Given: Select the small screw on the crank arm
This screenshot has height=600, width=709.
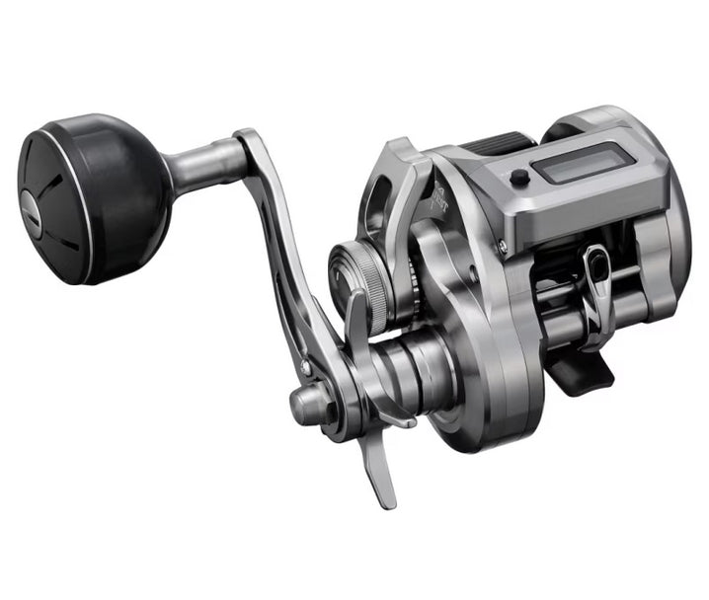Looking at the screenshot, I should [x=306, y=367].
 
